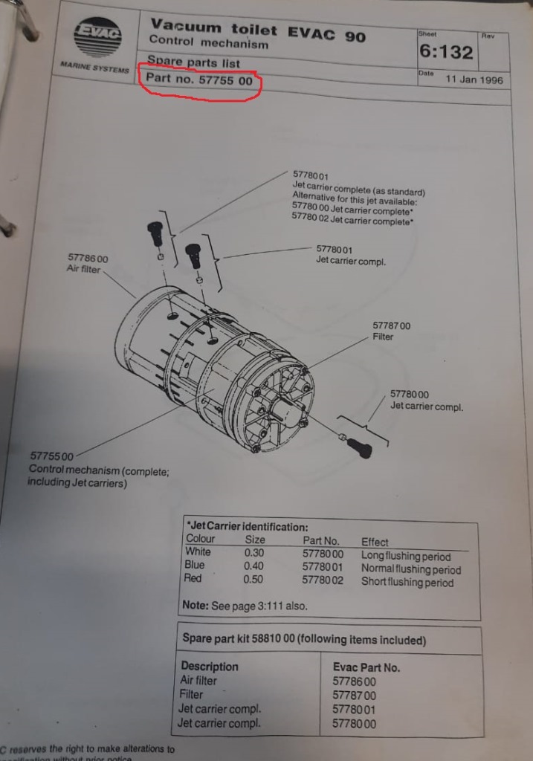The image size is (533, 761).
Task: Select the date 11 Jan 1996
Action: (x=474, y=80)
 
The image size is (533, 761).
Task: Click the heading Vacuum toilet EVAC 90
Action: (x=257, y=30)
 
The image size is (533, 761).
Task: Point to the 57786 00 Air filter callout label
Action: (x=87, y=264)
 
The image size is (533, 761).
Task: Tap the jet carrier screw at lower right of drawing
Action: (x=361, y=447)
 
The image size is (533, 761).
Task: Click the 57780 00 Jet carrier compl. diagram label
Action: (x=426, y=401)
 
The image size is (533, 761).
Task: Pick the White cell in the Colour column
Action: (x=198, y=552)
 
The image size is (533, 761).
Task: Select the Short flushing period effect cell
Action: (x=407, y=583)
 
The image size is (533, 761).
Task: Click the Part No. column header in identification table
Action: (x=320, y=541)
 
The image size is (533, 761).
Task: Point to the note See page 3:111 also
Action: (x=245, y=605)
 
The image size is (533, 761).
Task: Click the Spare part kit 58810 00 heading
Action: (x=304, y=640)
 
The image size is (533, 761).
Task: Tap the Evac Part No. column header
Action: (x=366, y=667)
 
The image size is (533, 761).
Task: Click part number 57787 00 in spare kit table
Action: (x=354, y=696)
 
